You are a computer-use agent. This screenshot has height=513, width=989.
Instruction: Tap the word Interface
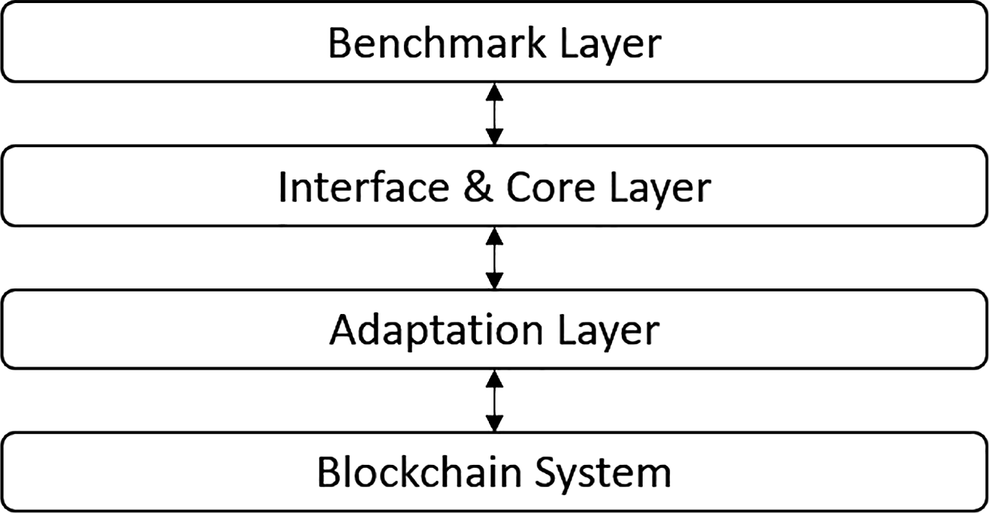coord(360,188)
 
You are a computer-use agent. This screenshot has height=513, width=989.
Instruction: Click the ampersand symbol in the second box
coord(475,188)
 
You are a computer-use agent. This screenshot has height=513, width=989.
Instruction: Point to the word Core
coord(548,188)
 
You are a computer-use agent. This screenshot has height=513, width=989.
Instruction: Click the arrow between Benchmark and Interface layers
coord(494,113)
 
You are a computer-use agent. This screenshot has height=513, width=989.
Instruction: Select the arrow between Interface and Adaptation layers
coord(494,258)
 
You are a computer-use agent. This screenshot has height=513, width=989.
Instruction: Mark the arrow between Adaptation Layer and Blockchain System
coord(494,400)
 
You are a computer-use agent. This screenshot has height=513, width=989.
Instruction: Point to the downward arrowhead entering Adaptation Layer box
coord(494,281)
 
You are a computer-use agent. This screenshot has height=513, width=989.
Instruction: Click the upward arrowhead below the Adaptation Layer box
coord(494,376)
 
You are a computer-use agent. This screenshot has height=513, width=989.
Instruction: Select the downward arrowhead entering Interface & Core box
coord(494,137)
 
